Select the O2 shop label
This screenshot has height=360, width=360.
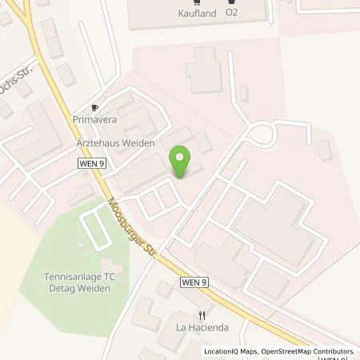(232, 13)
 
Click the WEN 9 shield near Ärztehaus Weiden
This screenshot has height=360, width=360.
(91, 162)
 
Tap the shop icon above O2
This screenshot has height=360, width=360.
(232, 2)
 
